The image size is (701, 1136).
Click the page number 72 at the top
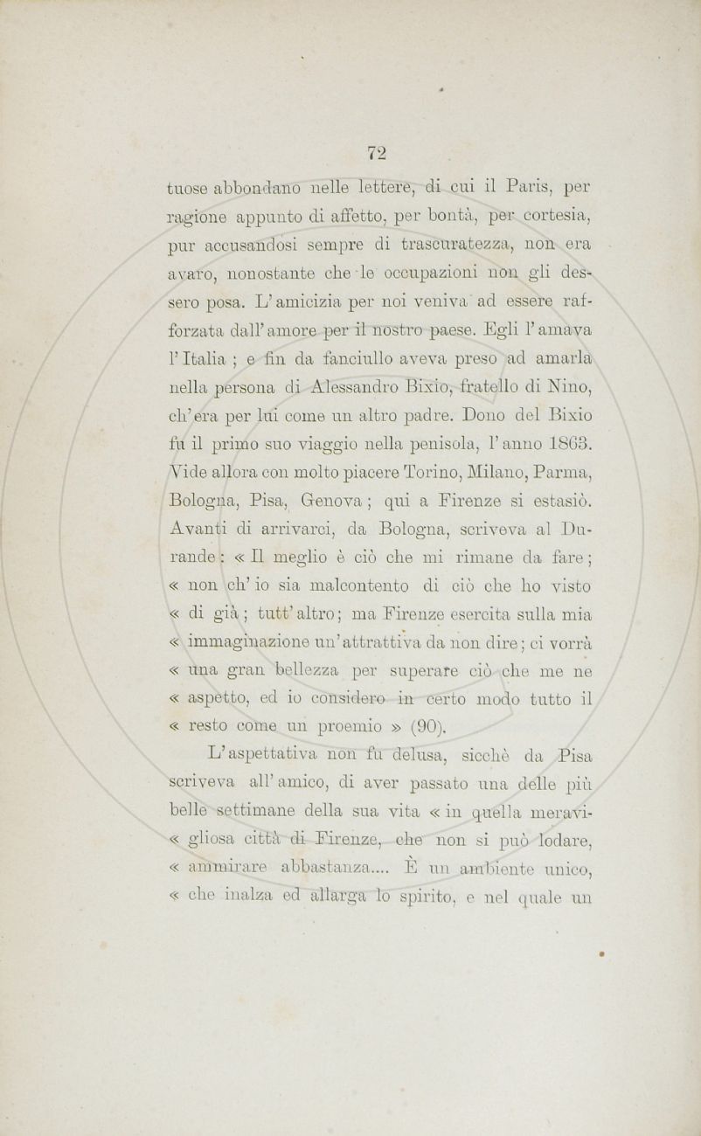(377, 151)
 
